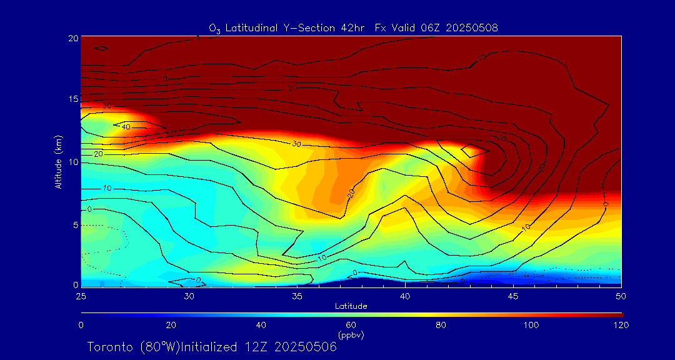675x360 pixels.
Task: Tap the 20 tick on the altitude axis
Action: point(72,37)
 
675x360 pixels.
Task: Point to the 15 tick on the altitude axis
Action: point(72,99)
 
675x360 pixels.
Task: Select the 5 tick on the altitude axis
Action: point(75,224)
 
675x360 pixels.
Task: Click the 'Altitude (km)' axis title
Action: point(58,162)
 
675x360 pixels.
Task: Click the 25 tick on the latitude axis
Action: point(81,295)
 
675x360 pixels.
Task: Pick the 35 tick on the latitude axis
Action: point(297,295)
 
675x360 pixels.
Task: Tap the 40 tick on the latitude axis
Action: point(405,295)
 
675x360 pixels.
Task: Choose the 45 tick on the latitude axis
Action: point(513,295)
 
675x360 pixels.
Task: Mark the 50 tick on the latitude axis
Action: point(621,295)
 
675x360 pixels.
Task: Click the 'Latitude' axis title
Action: point(351,306)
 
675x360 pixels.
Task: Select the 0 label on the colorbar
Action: point(81,325)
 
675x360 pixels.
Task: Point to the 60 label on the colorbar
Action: point(351,325)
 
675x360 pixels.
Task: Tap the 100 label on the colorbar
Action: point(531,325)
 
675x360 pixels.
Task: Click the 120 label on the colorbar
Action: point(621,325)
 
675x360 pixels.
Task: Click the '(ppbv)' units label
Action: point(351,335)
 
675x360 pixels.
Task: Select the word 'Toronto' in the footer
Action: point(109,347)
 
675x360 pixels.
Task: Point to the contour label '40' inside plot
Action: point(126,127)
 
